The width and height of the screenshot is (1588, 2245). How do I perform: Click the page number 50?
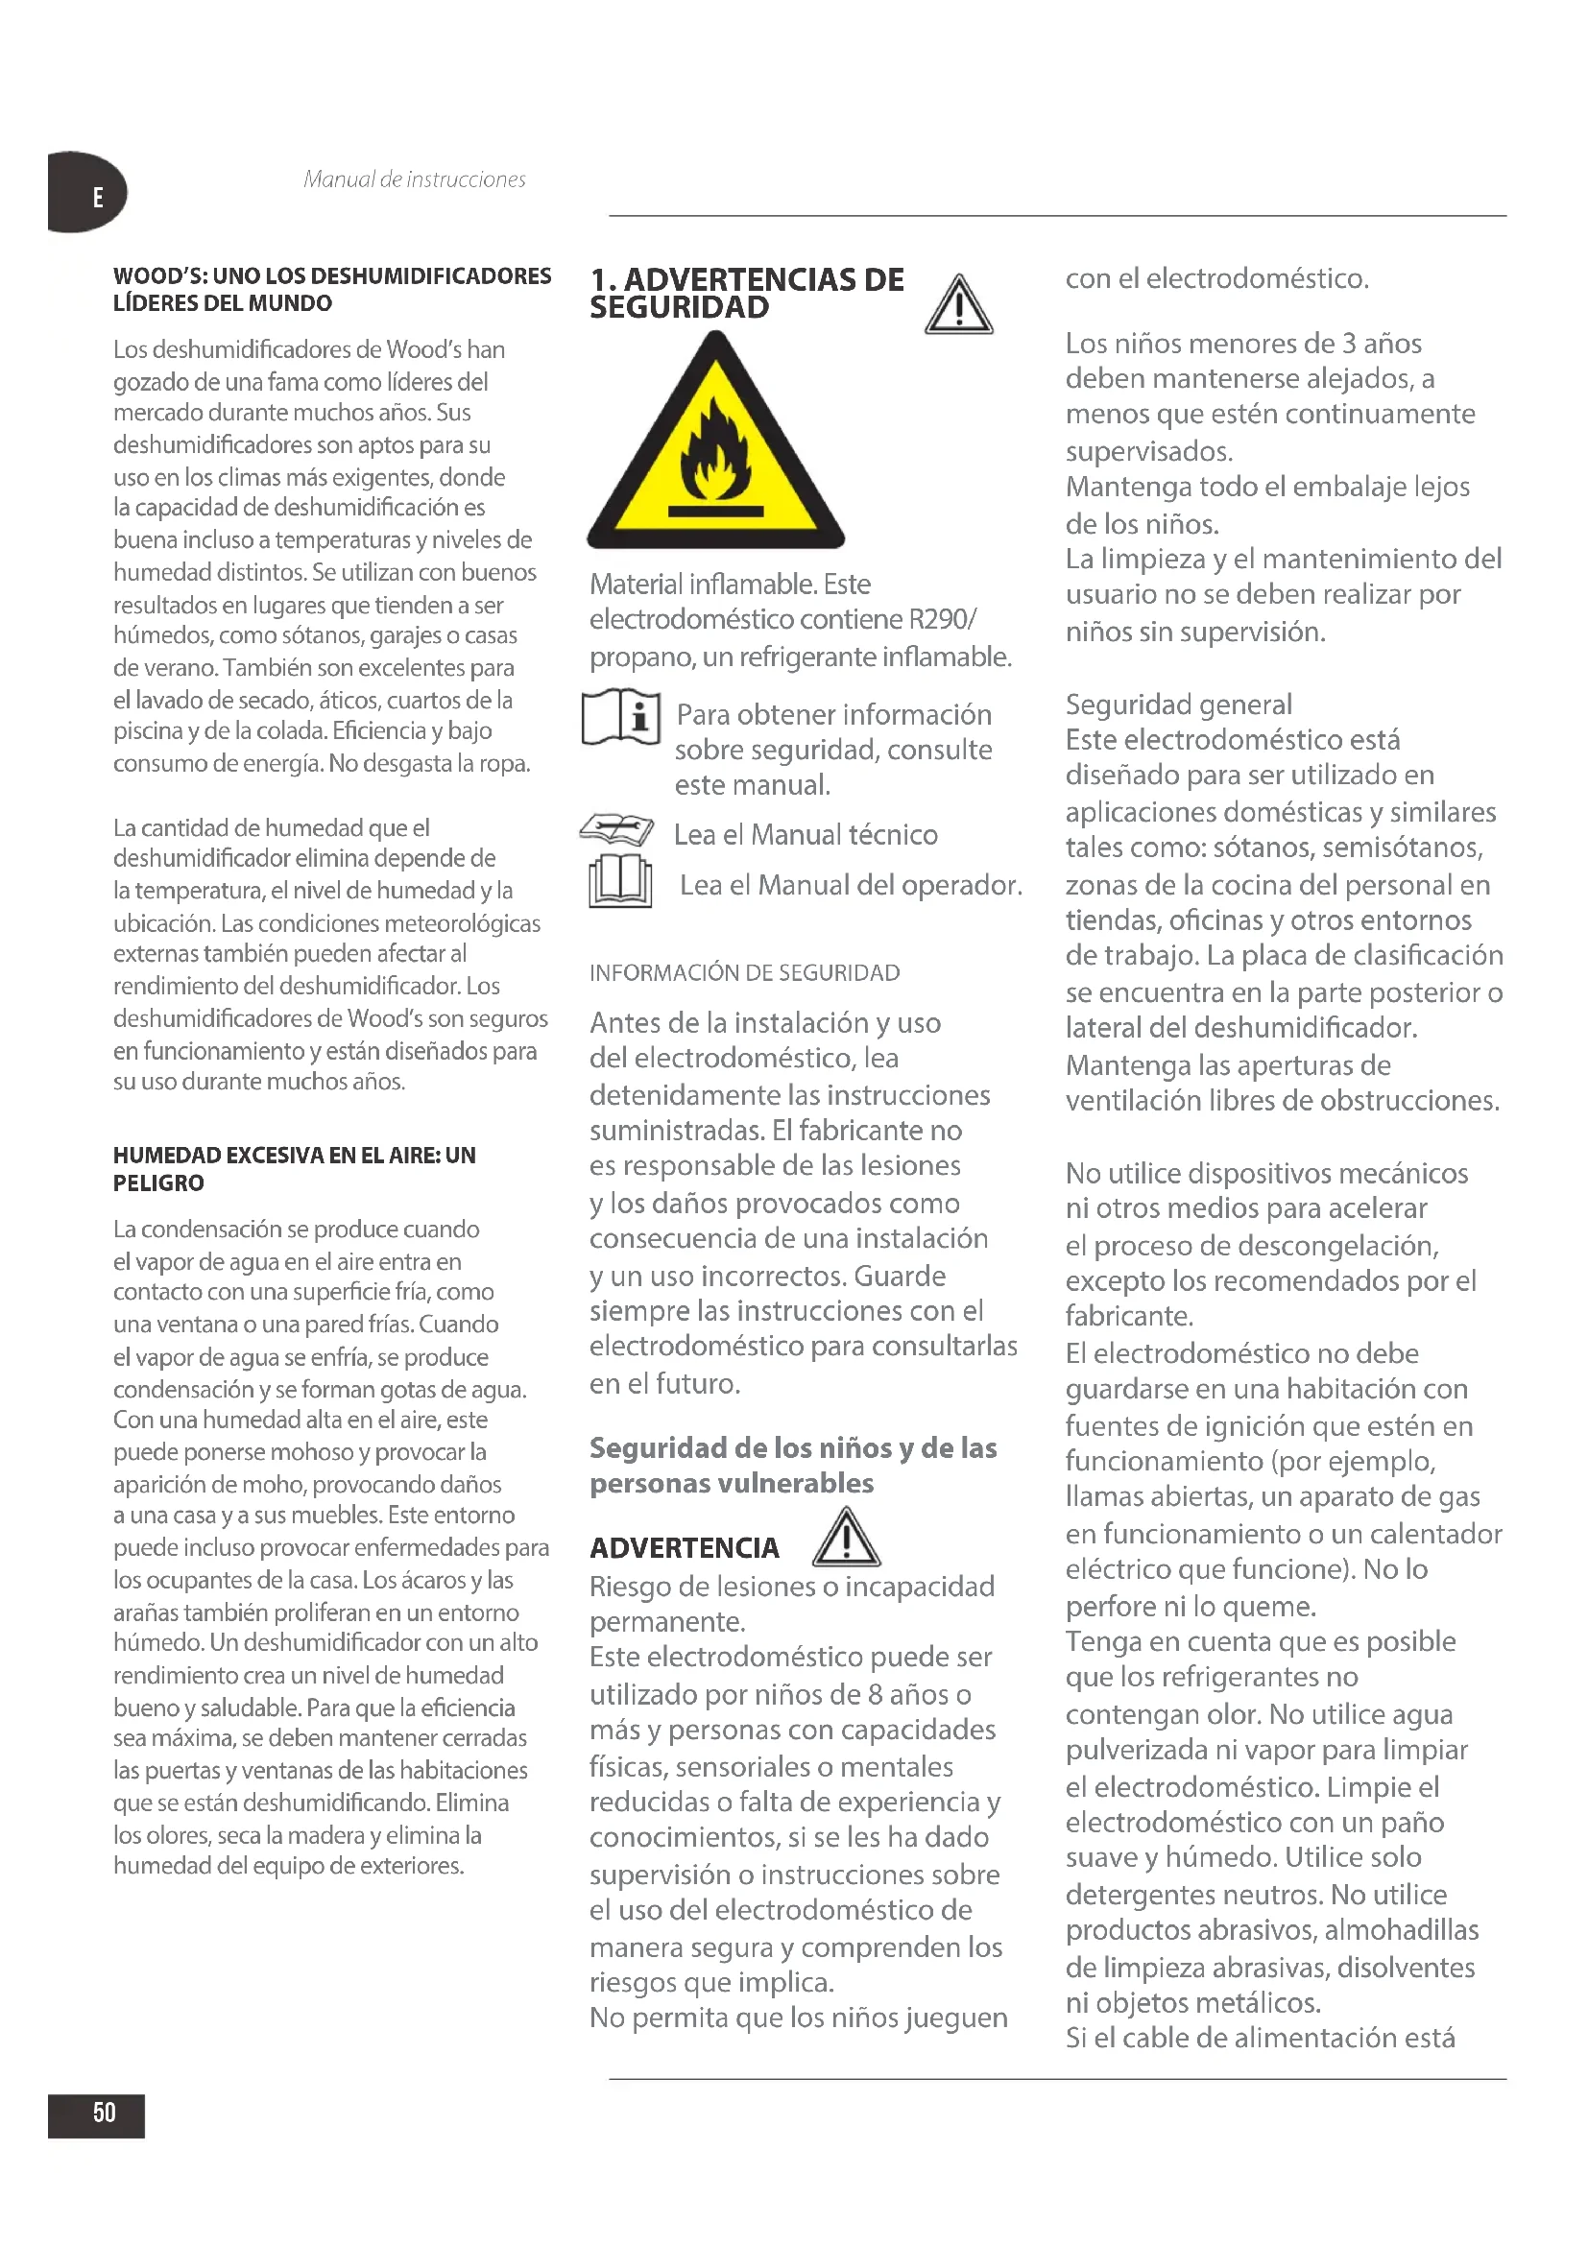pos(104,2113)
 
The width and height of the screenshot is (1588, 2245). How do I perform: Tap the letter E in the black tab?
pos(98,198)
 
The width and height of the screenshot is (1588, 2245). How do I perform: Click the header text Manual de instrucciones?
pos(414,179)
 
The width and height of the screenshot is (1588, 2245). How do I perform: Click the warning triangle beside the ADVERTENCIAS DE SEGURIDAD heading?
pos(958,306)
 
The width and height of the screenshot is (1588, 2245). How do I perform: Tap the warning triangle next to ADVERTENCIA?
pos(847,1537)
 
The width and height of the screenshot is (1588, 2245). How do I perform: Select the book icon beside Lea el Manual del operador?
pos(620,882)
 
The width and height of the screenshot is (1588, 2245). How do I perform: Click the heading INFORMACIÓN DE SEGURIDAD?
pos(744,973)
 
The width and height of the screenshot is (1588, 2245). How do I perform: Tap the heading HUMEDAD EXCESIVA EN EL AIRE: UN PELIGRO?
pos(295,1168)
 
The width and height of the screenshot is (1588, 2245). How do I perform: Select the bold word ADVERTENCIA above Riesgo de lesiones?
pos(684,1548)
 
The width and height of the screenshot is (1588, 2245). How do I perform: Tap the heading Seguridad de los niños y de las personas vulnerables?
pos(793,1465)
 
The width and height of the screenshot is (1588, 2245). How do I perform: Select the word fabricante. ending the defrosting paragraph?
pos(1129,1316)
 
